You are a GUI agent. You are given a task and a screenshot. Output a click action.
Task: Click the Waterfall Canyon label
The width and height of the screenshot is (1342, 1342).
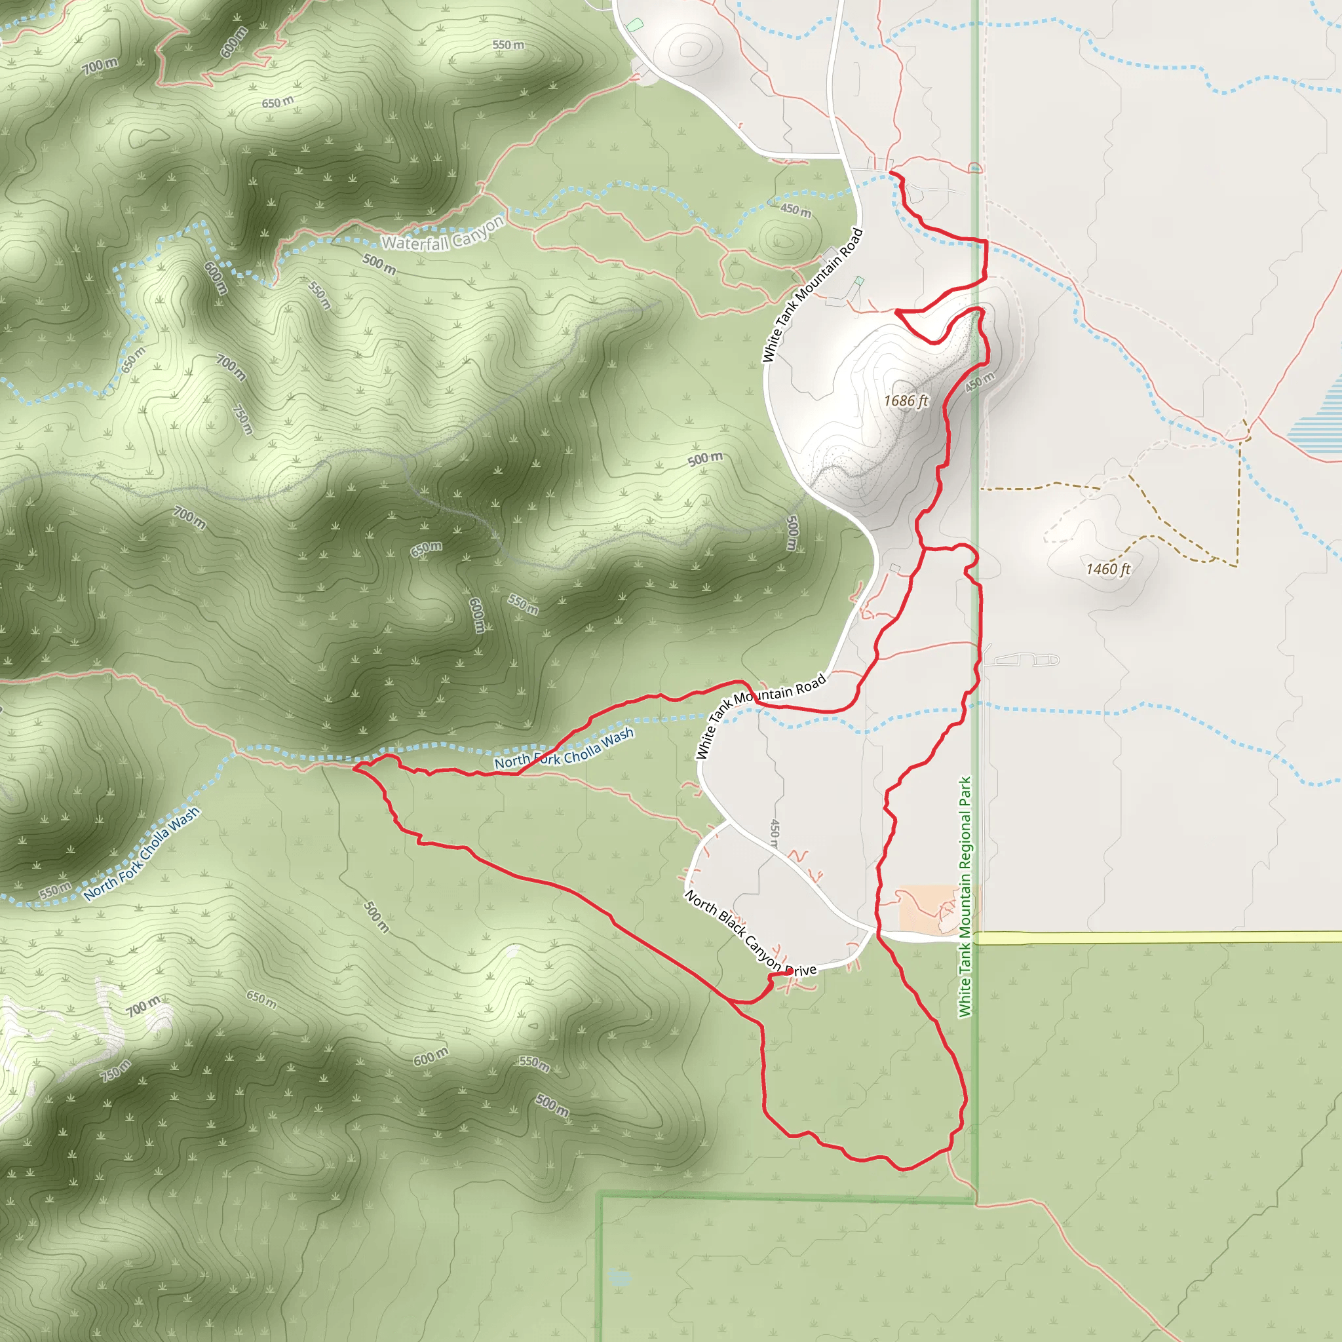click(x=442, y=234)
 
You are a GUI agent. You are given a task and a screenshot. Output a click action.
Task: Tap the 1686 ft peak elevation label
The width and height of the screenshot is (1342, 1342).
click(x=906, y=401)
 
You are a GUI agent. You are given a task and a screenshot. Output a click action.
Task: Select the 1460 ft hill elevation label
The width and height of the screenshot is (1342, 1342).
click(x=1108, y=569)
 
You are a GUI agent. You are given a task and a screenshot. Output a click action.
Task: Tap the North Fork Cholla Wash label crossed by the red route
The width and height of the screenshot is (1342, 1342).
click(x=564, y=748)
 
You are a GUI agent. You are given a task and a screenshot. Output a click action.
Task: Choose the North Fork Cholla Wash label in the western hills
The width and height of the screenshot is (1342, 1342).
click(x=142, y=854)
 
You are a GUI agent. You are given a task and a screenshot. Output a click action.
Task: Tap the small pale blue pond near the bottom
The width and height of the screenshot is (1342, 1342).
click(x=618, y=1276)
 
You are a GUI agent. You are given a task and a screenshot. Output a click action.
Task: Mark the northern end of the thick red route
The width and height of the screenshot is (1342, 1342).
click(x=891, y=172)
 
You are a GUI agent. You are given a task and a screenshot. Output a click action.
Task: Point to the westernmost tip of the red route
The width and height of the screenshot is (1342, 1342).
click(x=355, y=767)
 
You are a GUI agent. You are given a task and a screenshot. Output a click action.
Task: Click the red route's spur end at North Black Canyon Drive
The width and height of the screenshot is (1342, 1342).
click(x=791, y=972)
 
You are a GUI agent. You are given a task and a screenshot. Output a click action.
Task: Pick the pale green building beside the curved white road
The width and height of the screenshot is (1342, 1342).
click(x=634, y=25)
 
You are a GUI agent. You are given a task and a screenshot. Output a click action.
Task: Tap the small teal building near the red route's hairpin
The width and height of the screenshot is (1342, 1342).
click(x=859, y=280)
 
